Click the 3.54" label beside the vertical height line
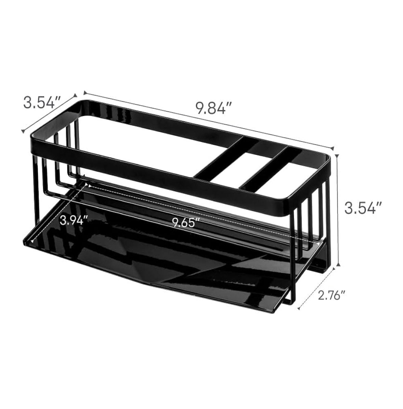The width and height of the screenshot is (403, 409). point(363,208)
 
